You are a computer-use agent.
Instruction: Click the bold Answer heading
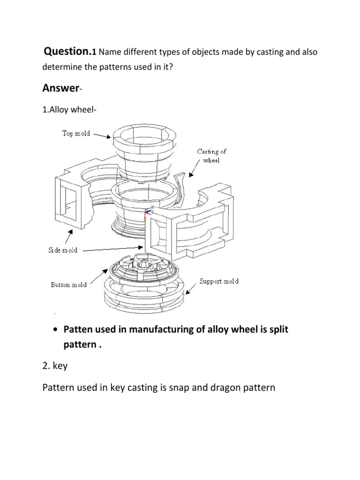click(59, 88)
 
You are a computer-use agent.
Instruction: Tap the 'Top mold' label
click(76, 133)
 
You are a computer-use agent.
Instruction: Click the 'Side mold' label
click(63, 250)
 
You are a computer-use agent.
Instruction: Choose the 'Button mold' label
click(68, 285)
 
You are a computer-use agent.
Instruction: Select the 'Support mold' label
click(219, 281)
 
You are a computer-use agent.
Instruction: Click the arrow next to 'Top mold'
click(103, 135)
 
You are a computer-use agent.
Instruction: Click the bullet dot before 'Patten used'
click(55, 330)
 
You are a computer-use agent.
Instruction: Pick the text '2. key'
click(55, 366)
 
